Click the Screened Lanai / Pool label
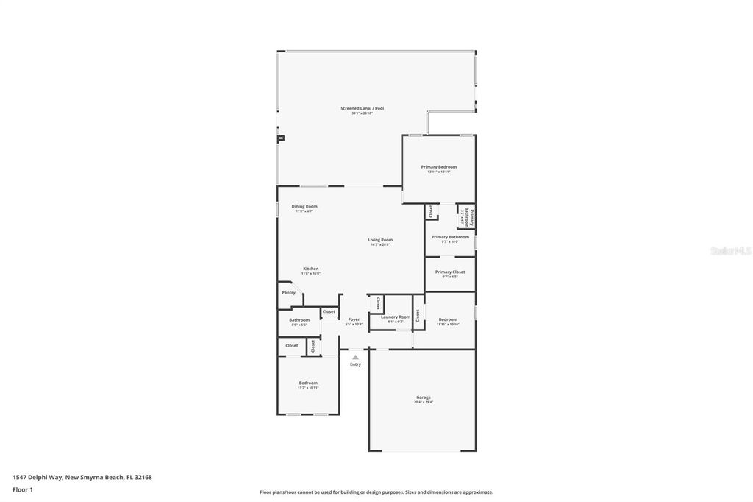[x=362, y=108]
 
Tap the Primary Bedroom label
[x=438, y=167]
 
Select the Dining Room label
[x=304, y=207]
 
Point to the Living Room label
[x=380, y=240]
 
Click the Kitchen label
[x=311, y=269]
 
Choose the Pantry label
[x=288, y=293]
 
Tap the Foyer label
[x=354, y=320]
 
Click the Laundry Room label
[x=396, y=317]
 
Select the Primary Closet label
[x=449, y=272]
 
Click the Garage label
[x=424, y=397]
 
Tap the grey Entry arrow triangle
[x=355, y=358]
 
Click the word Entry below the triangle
[x=355, y=364]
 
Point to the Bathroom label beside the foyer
[x=299, y=320]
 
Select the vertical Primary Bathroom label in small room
[x=468, y=217]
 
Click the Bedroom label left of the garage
[x=308, y=383]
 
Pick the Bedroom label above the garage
[x=448, y=319]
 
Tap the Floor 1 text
[x=23, y=489]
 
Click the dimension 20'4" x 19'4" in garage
[x=424, y=403]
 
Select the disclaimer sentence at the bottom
[x=376, y=492]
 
